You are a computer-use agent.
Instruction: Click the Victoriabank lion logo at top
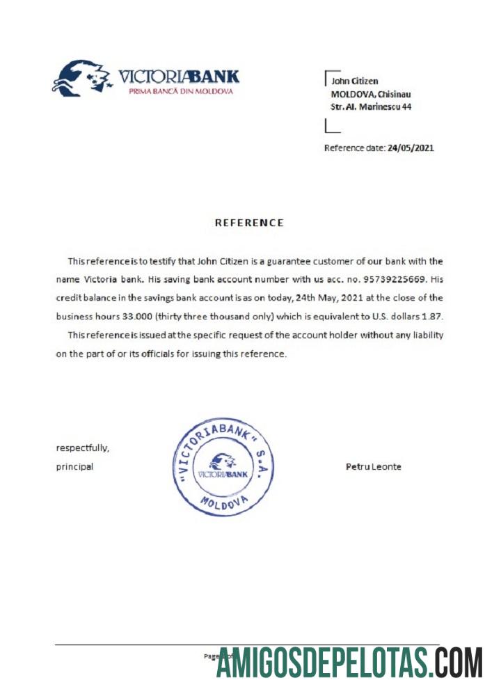pos(82,77)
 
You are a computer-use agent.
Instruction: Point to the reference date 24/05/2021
pos(411,148)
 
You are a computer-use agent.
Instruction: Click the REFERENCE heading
pos(249,223)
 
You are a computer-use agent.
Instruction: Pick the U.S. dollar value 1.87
pos(433,316)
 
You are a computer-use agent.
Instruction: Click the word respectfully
pos(82,448)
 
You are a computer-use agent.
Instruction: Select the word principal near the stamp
pos(74,466)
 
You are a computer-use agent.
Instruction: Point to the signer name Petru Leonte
pos(373,466)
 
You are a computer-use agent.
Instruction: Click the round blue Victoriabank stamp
pos(223,466)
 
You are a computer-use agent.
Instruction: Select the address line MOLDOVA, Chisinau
pos(369,95)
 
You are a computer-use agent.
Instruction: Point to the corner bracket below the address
pos(331,127)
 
